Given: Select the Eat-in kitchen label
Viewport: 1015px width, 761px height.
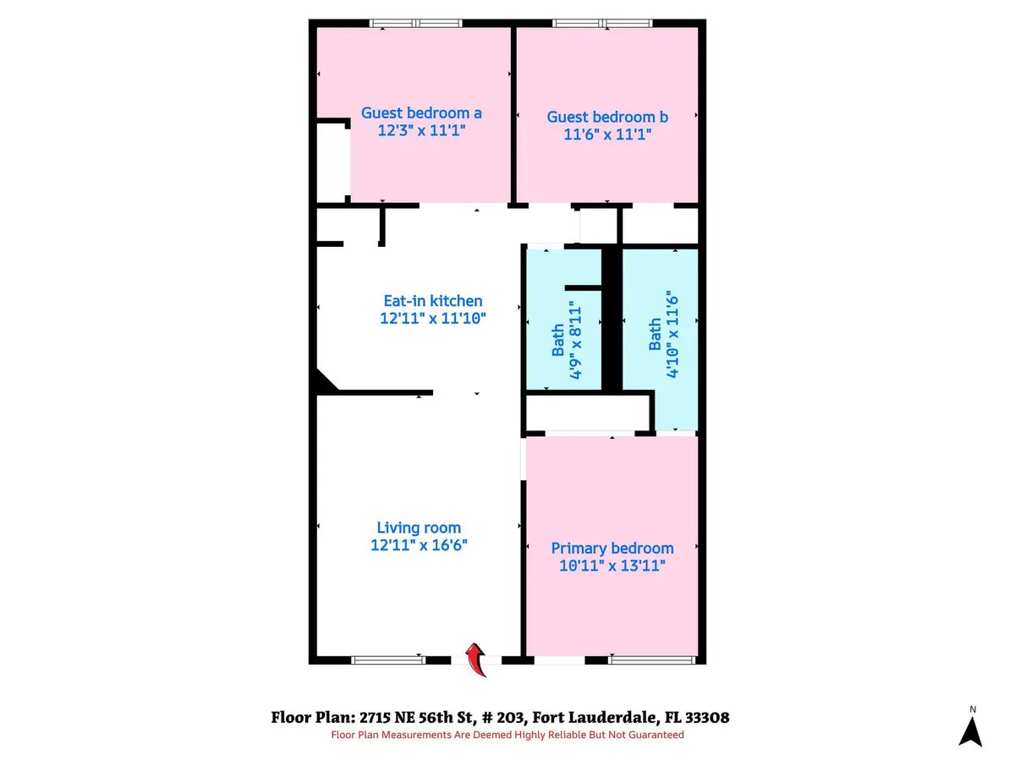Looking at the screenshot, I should click(432, 301).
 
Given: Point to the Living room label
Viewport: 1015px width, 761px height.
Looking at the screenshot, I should click(420, 528).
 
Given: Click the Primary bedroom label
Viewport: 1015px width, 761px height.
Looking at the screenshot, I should click(612, 548).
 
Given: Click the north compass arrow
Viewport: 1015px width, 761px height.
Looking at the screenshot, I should click(973, 729).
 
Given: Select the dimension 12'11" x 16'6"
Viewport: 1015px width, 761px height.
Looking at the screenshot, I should click(420, 545).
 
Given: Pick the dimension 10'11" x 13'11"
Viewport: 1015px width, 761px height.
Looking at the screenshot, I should click(612, 566).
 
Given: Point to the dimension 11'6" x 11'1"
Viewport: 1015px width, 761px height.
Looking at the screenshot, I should click(607, 134).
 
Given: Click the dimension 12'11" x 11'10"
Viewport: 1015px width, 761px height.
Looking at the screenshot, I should click(433, 318).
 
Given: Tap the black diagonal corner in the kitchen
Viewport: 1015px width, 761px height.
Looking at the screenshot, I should click(324, 382).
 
